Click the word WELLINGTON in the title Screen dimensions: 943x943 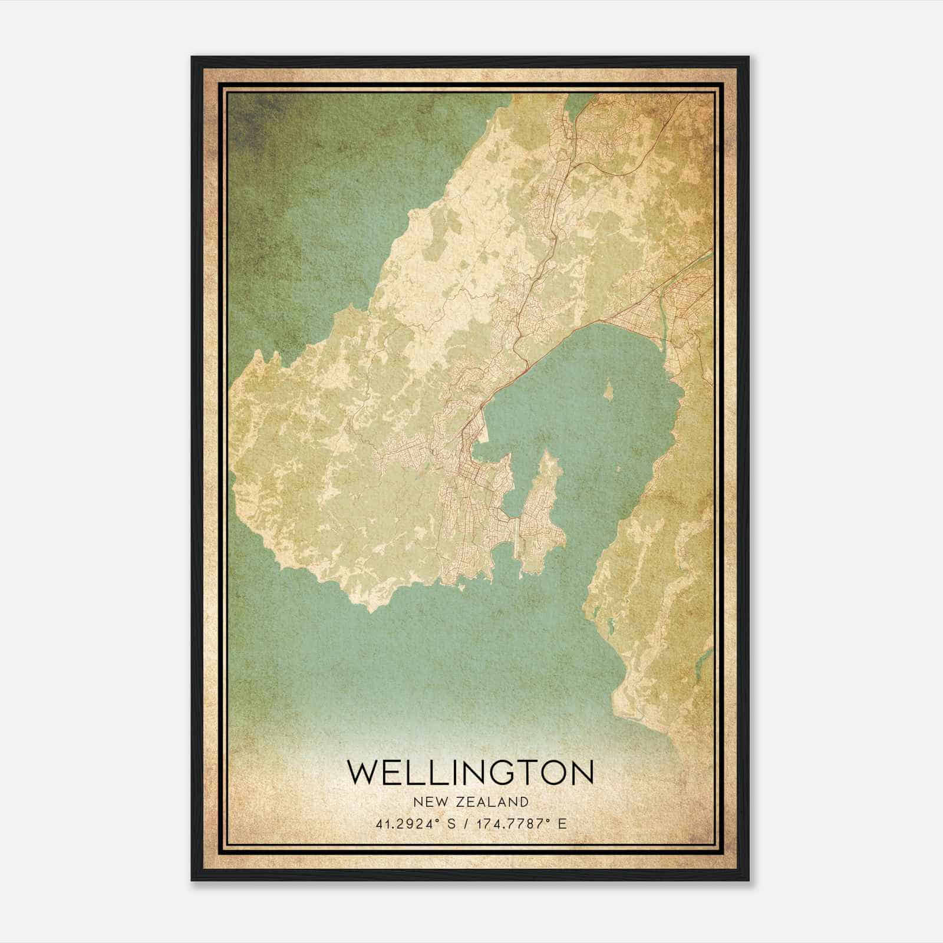[x=470, y=772]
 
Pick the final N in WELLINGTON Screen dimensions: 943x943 [x=581, y=772]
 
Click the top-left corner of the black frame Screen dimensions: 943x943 [x=192, y=57]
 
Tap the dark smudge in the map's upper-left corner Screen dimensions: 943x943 [x=248, y=124]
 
